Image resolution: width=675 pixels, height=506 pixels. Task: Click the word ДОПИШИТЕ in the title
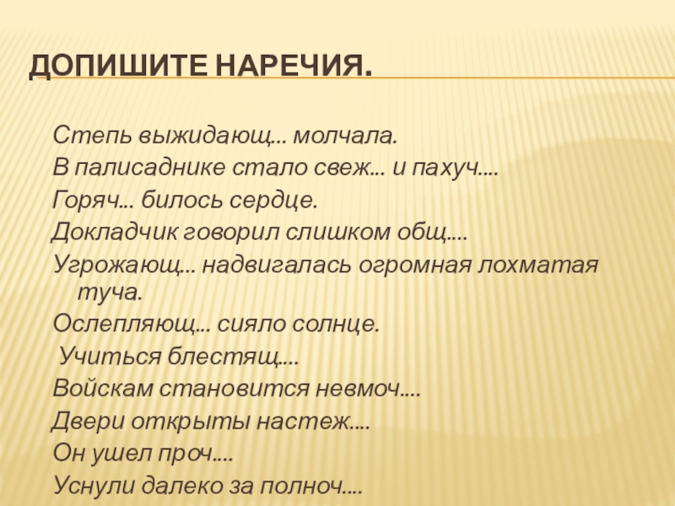pos(116,66)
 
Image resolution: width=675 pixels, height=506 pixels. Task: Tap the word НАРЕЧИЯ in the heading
pos(291,66)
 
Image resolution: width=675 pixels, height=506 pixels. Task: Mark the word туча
pos(110,293)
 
